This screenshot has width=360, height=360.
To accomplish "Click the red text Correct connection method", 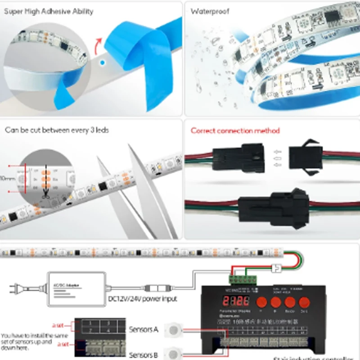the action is [x=235, y=130].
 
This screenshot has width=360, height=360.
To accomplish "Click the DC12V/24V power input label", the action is [x=143, y=299].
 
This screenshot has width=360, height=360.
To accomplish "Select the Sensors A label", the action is [x=144, y=329].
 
